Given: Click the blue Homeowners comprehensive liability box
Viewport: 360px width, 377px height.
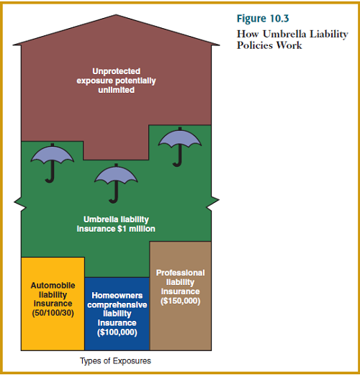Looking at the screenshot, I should pyautogui.click(x=117, y=314).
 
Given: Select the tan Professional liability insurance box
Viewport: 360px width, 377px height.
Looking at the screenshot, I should pyautogui.click(x=180, y=295).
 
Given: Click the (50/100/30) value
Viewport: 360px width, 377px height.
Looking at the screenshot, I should pyautogui.click(x=53, y=314).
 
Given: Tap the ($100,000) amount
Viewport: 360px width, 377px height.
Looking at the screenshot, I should pyautogui.click(x=117, y=332).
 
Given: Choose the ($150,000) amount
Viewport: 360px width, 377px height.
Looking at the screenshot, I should pyautogui.click(x=180, y=301).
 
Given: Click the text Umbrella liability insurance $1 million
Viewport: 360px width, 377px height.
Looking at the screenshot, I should pyautogui.click(x=117, y=224).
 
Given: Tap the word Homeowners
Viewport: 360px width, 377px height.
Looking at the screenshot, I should pyautogui.click(x=117, y=295).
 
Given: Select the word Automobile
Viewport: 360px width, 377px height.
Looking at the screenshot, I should pyautogui.click(x=53, y=286).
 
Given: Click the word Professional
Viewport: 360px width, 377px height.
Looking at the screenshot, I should pyautogui.click(x=180, y=273).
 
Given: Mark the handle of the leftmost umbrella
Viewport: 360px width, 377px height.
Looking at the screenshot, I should pyautogui.click(x=50, y=173).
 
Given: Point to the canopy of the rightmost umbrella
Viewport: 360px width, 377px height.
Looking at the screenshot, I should pyautogui.click(x=179, y=137).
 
